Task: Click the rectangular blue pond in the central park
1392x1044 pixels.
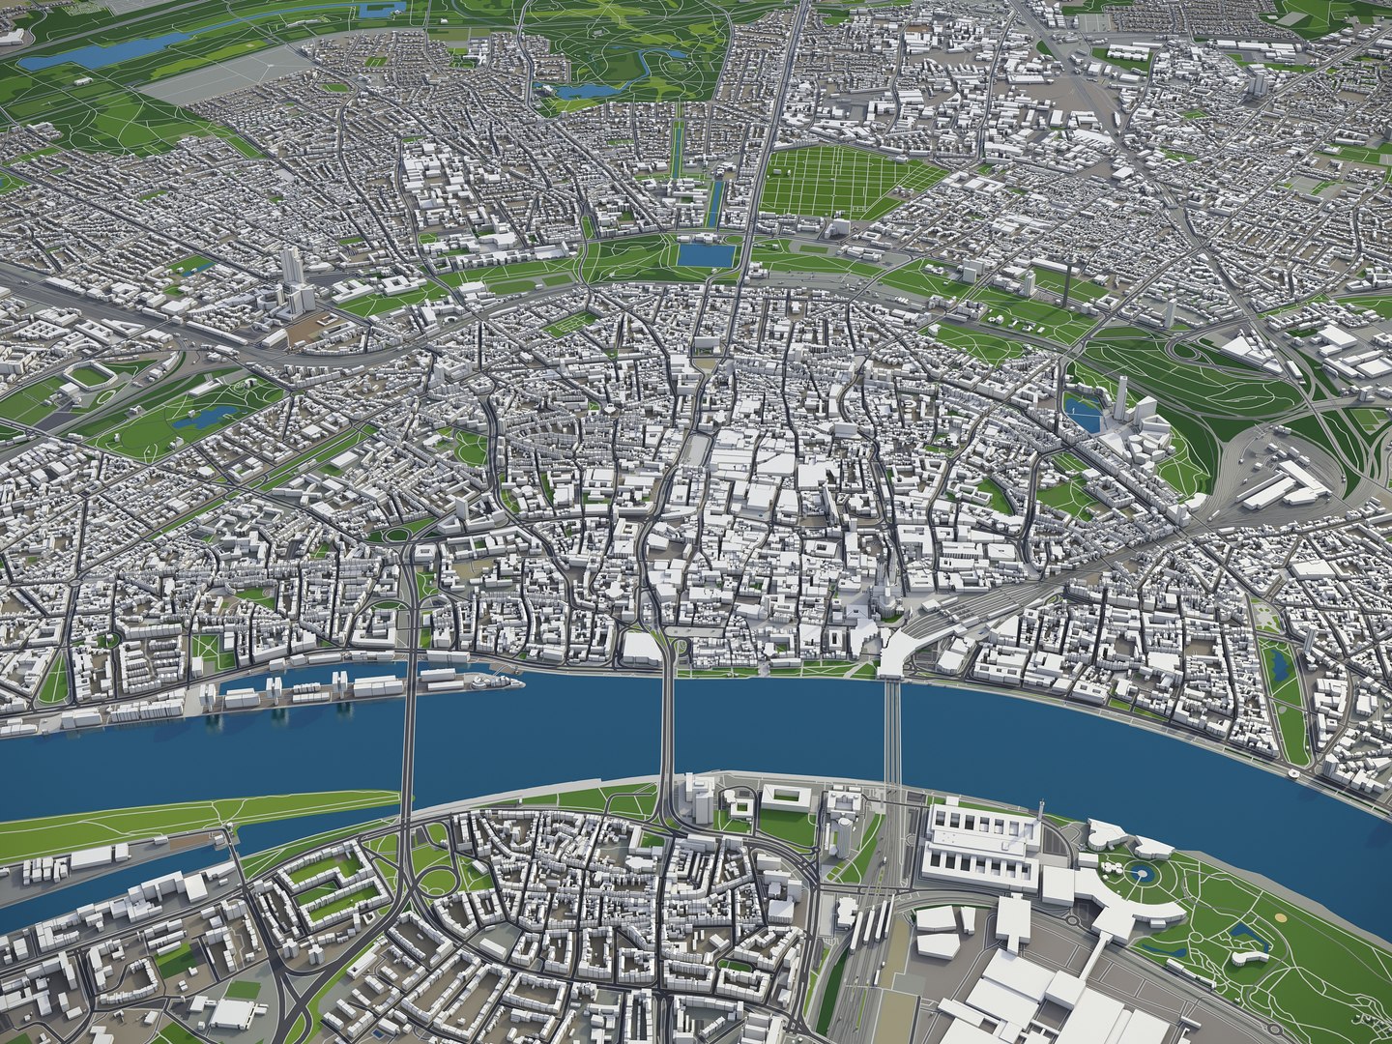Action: coord(705,255)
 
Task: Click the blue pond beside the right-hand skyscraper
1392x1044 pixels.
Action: coord(1083,417)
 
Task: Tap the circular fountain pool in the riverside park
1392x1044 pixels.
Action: coord(1144,875)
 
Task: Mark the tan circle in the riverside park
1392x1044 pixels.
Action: coord(1281,916)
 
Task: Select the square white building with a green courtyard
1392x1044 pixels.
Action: coord(783,797)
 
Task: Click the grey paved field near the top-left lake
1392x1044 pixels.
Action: coord(222,77)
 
